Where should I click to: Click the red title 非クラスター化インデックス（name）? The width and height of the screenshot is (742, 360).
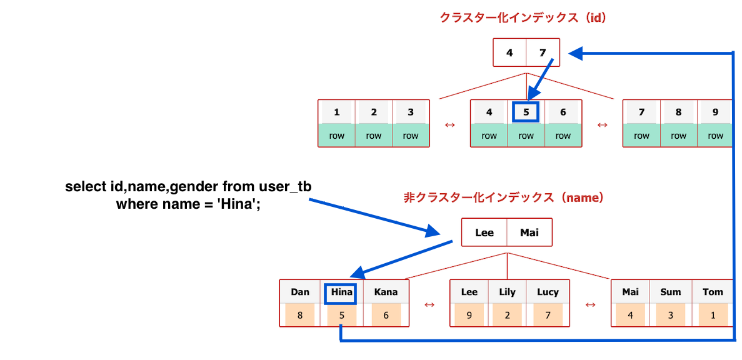tap(504, 197)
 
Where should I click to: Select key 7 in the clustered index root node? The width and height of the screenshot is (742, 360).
tap(542, 53)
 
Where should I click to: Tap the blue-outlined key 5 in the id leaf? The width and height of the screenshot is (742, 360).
tap(526, 112)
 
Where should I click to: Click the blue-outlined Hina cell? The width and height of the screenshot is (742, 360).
tap(340, 292)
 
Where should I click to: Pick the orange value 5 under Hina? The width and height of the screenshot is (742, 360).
tap(341, 315)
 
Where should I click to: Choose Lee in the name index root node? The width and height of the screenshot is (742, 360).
tap(484, 232)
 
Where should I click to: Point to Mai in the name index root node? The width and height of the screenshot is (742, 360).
tap(529, 232)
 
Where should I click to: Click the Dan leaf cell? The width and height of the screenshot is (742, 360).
tap(300, 292)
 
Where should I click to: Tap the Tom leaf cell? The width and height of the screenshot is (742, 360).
tap(712, 292)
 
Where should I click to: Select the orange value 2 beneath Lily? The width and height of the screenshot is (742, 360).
tap(507, 315)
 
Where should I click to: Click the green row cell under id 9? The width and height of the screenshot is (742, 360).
tap(715, 136)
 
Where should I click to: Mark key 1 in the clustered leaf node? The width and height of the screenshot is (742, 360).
tap(336, 112)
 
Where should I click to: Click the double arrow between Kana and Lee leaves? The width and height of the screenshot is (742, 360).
tap(429, 304)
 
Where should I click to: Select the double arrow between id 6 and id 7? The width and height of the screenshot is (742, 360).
tap(602, 124)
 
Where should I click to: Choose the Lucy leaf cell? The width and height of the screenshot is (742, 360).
tap(548, 292)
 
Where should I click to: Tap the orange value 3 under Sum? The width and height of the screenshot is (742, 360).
tap(671, 315)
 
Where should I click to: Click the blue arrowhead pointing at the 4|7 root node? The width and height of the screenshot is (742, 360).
tap(575, 54)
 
